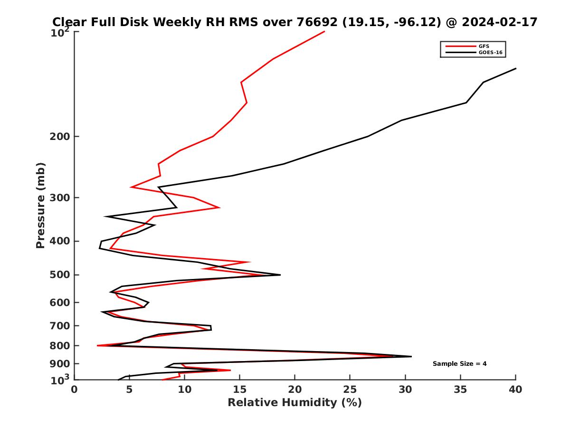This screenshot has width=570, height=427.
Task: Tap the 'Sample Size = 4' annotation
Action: pyautogui.click(x=459, y=364)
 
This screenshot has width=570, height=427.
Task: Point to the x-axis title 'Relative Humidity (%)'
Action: pyautogui.click(x=294, y=403)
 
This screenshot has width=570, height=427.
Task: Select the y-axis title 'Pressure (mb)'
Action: pyautogui.click(x=40, y=205)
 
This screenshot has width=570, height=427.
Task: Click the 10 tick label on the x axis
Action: pyautogui.click(x=184, y=390)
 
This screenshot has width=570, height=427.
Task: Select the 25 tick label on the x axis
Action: pyautogui.click(x=350, y=390)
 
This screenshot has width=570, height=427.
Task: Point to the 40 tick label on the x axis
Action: pyautogui.click(x=515, y=390)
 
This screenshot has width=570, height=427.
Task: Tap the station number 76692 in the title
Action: pyautogui.click(x=317, y=22)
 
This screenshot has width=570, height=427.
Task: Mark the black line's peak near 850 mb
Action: pyautogui.click(x=411, y=356)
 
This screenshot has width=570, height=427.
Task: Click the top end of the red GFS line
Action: pyautogui.click(x=324, y=32)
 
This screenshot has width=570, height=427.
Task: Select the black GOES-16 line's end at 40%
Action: pyautogui.click(x=515, y=69)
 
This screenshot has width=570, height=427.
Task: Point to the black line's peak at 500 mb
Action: pyautogui.click(x=280, y=275)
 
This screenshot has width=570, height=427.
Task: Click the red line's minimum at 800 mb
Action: pyautogui.click(x=98, y=345)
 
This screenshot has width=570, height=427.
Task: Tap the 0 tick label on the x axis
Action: pyautogui.click(x=75, y=390)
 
